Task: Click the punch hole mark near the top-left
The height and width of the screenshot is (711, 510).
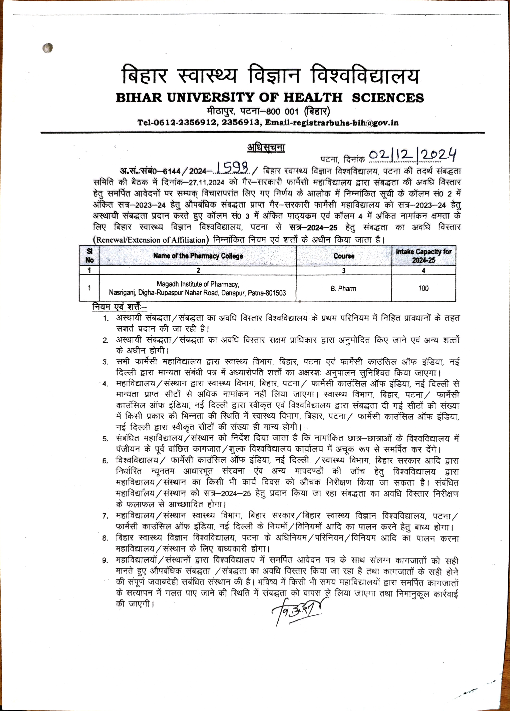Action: click(48, 48)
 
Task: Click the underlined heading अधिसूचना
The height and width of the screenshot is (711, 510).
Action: click(266, 147)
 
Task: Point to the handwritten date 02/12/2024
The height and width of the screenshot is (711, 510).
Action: click(412, 155)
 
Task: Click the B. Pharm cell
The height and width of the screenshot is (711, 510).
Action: click(343, 288)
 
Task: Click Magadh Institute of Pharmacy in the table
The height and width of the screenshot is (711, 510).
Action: click(198, 284)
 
